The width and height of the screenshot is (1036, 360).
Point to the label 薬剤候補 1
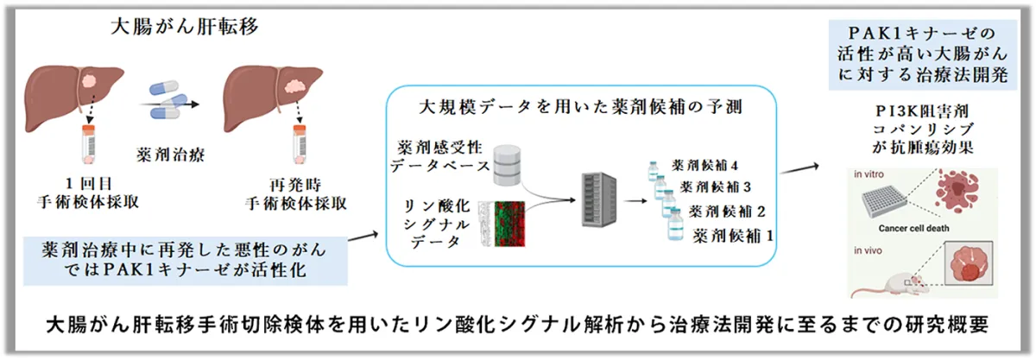click(x=733, y=233)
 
